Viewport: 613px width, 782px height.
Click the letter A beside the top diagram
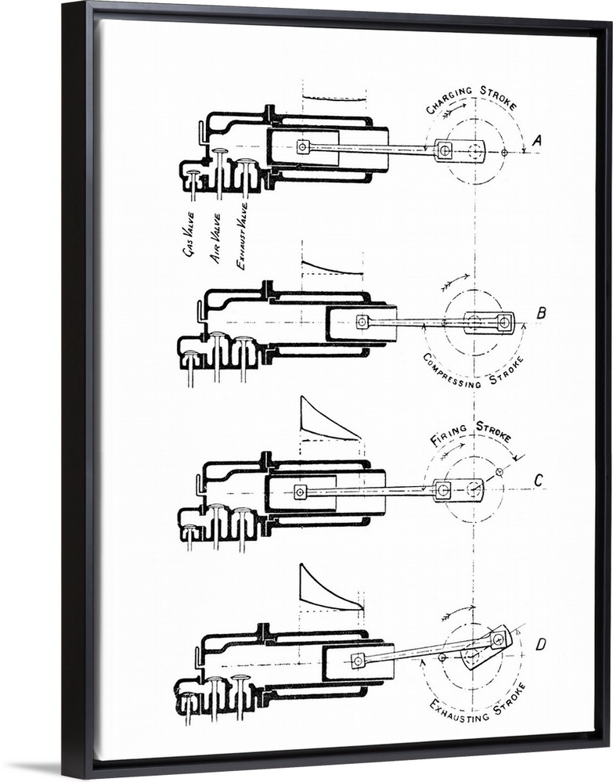tap(537, 142)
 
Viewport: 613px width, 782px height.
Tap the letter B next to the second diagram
tap(541, 314)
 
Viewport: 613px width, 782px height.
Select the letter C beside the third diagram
tap(538, 481)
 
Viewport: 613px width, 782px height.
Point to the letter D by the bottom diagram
tap(540, 645)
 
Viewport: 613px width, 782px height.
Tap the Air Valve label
tap(215, 238)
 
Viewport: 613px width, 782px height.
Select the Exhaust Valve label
tap(242, 236)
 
